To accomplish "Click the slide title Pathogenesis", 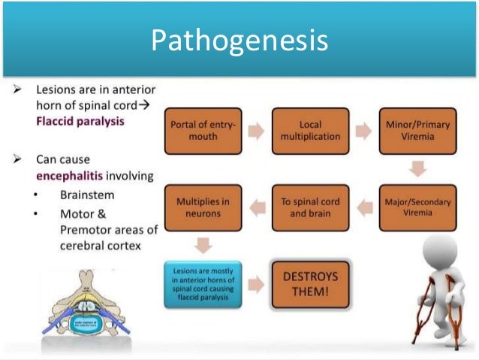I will (239, 41).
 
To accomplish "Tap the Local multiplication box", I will (310, 132).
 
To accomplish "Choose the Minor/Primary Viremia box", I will (417, 132).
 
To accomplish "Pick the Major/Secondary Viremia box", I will (417, 207).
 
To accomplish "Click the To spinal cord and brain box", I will (310, 207).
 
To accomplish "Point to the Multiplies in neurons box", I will (203, 207).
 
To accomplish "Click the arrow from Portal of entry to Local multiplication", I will (257, 132).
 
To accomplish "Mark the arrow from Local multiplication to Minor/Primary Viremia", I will (363, 132).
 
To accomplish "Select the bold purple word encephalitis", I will (70, 176).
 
